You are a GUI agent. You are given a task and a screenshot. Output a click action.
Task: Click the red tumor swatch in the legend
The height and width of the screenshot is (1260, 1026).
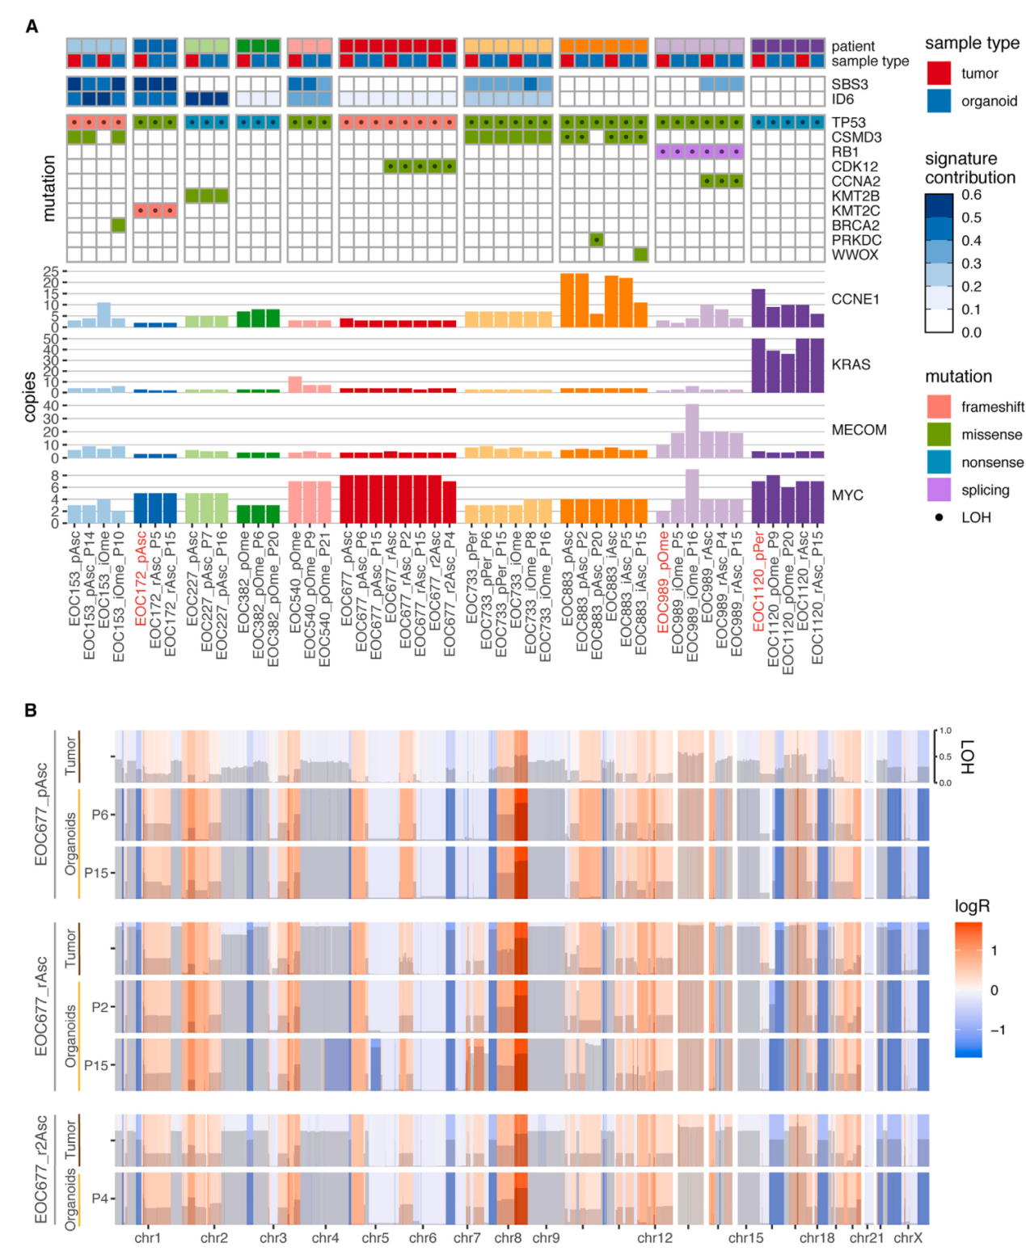pos(939,73)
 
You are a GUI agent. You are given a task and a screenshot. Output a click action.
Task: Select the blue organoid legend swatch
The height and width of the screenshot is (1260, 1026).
pos(939,101)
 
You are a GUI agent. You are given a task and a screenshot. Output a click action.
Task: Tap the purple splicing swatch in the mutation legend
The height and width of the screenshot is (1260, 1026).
pos(939,490)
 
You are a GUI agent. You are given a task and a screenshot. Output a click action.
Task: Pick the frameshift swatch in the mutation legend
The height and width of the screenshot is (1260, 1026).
pos(939,407)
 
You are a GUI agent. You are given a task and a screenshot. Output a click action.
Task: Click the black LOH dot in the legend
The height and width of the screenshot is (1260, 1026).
pos(939,517)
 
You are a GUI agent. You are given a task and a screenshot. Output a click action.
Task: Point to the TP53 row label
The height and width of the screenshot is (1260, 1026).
pos(848,122)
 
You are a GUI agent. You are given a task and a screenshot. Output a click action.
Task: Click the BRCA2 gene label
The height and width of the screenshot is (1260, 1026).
pos(855,225)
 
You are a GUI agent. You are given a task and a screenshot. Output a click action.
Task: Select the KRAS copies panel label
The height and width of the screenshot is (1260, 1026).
pos(851,365)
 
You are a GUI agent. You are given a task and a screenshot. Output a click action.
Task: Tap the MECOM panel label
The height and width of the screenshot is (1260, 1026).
pos(859,430)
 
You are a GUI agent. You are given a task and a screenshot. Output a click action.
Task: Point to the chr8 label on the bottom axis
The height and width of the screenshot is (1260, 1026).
pos(508,1238)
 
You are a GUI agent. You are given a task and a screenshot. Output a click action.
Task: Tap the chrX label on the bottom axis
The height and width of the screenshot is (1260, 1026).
pos(907,1238)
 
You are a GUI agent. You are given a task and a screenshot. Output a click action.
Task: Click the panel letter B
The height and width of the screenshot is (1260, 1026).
pos(32,710)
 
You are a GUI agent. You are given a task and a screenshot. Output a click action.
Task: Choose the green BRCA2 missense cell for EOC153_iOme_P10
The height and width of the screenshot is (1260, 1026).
pos(118,225)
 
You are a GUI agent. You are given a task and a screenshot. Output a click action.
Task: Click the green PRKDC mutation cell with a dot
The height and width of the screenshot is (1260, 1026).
pos(597,240)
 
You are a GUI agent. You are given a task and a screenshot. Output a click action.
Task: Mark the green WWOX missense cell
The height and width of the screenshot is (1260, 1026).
pos(640,255)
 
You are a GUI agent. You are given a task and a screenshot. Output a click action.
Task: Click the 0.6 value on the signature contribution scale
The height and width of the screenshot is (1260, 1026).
pos(971,195)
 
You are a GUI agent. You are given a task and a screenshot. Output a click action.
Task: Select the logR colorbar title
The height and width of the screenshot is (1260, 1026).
pos(972,906)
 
